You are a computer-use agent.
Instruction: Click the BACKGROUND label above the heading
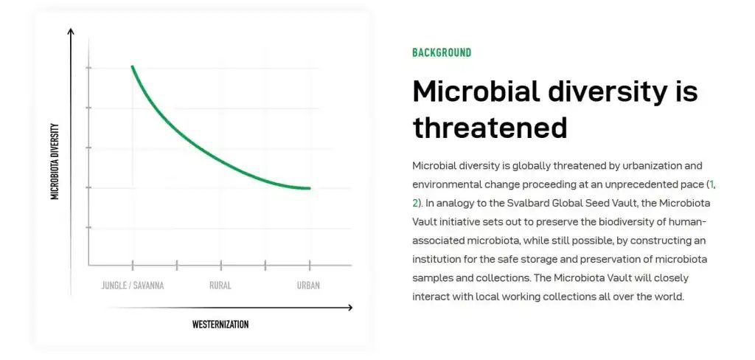point(442,52)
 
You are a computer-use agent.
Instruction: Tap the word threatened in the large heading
point(490,127)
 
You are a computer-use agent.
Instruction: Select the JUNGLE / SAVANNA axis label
point(133,285)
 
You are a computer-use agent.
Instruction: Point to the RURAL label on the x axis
point(220,285)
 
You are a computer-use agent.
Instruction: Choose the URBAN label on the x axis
point(308,285)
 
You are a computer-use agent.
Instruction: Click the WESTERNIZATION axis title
point(220,325)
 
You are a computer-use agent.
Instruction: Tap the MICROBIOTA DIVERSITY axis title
point(55,162)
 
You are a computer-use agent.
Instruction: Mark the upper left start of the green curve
point(133,67)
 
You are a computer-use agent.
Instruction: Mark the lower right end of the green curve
point(309,188)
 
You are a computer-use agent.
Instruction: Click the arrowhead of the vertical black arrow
point(71,32)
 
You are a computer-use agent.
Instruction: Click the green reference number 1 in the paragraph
point(711,183)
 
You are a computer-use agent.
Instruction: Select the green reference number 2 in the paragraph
point(415,202)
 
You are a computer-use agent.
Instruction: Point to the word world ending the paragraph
point(670,297)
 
